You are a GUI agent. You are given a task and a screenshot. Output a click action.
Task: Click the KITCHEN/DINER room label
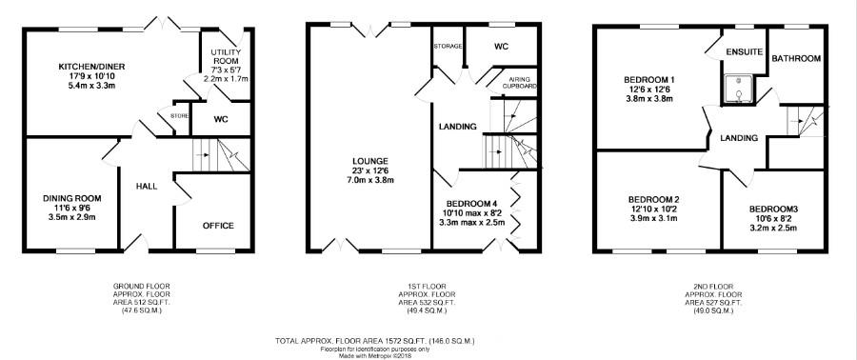click(x=91, y=67)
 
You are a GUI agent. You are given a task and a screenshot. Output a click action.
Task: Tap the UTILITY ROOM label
click(x=226, y=56)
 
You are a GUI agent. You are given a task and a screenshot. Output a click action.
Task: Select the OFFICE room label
click(x=218, y=226)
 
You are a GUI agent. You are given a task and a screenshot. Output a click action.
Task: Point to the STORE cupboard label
click(x=179, y=116)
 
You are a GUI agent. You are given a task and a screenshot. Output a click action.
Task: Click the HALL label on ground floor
click(x=147, y=187)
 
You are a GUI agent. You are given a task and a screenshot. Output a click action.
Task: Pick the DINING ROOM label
click(x=72, y=198)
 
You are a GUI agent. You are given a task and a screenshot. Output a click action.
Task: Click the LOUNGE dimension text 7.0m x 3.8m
click(x=370, y=180)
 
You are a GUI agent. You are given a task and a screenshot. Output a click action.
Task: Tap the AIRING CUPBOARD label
click(x=520, y=83)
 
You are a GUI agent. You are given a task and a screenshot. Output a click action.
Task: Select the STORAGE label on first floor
click(x=448, y=47)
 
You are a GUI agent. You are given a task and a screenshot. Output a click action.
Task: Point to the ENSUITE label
click(x=745, y=52)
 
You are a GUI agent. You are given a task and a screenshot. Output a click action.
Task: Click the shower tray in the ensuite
click(x=740, y=89)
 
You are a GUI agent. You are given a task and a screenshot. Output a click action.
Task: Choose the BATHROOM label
click(x=796, y=58)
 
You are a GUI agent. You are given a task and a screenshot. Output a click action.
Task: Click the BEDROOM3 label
click(x=773, y=210)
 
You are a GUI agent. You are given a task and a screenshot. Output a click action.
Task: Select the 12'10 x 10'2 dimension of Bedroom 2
click(x=652, y=210)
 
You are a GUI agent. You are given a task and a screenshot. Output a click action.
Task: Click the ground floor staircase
click(x=221, y=155)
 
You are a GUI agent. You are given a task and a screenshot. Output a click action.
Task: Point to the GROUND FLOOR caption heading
click(x=142, y=286)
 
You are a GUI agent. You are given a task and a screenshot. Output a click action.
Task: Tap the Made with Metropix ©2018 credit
click(x=375, y=355)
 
